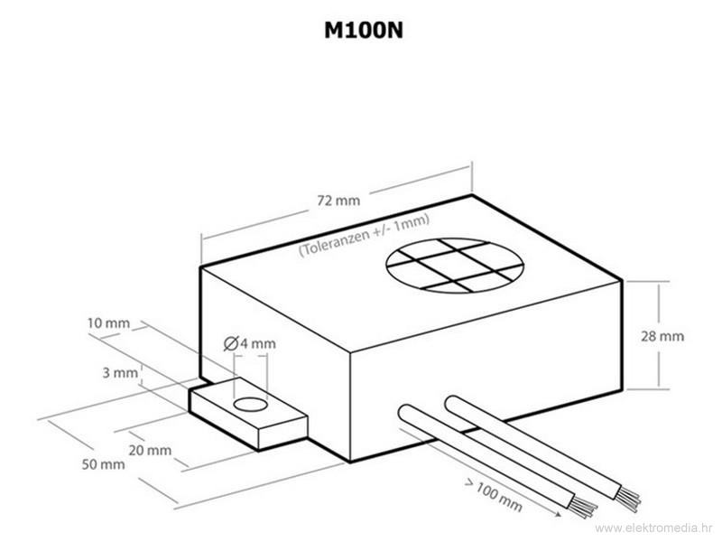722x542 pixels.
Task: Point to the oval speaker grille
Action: [455, 265]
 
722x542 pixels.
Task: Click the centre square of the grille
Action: [457, 265]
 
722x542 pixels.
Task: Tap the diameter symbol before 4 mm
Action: [229, 344]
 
